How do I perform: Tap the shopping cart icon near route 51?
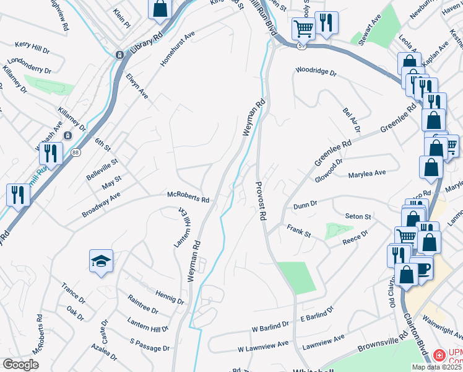(x=303, y=27)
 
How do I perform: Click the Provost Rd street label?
(x=261, y=201)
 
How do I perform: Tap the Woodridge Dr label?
(x=316, y=72)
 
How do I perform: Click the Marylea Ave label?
(x=367, y=174)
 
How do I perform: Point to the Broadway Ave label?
(x=101, y=205)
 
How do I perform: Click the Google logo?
(x=20, y=365)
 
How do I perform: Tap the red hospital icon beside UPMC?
(x=439, y=355)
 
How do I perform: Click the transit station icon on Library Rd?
(x=119, y=55)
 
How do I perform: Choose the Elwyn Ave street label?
(x=137, y=87)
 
